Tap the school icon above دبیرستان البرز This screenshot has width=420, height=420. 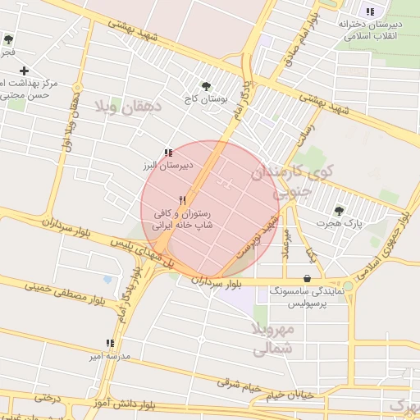pyautogui.click(x=168, y=152)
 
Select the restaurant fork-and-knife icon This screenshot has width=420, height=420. pyautogui.click(x=183, y=199)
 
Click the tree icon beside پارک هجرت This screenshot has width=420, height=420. pyautogui.click(x=339, y=211)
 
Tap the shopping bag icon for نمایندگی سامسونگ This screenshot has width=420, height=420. pyautogui.click(x=307, y=278)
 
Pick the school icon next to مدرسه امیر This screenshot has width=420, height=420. pyautogui.click(x=110, y=343)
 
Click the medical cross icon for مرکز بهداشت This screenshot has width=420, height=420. pyautogui.click(x=24, y=71)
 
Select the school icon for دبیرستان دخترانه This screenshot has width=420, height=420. pyautogui.click(x=371, y=11)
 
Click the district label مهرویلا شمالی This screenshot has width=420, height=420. pyautogui.click(x=273, y=339)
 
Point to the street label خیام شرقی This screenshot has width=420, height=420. pyautogui.click(x=238, y=383)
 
